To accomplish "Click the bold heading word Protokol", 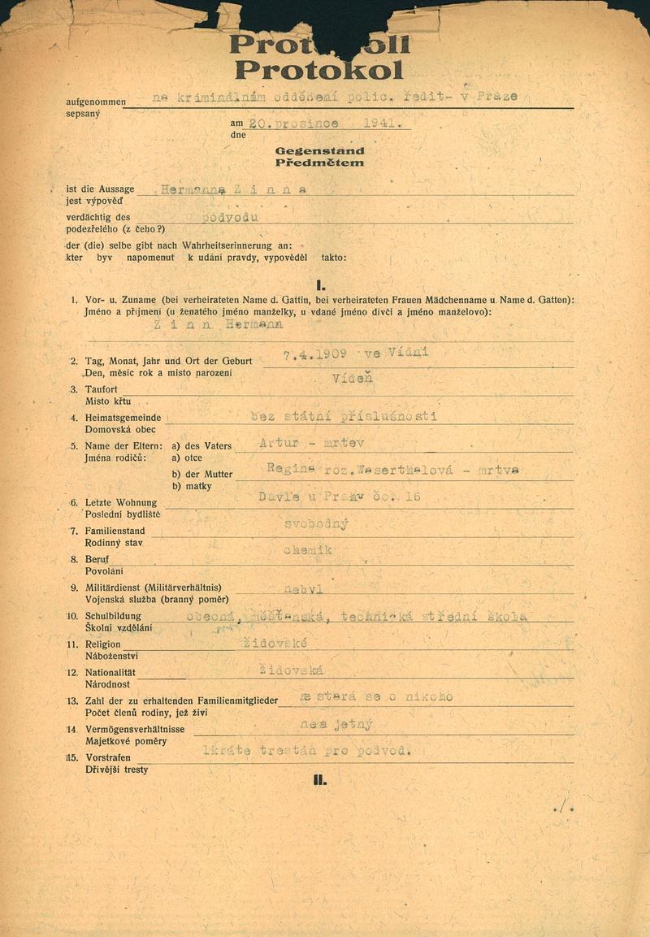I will tap(318, 71).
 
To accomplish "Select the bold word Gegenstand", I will tap(319, 151).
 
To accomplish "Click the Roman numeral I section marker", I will tap(321, 285).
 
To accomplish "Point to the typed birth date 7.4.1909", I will tap(315, 354).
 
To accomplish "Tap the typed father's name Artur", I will tap(276, 444).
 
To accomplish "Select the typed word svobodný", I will tap(316, 524).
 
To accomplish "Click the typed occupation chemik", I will tap(308, 551).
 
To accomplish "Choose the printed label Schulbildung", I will tap(114, 617).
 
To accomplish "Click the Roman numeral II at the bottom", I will tap(320, 781).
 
